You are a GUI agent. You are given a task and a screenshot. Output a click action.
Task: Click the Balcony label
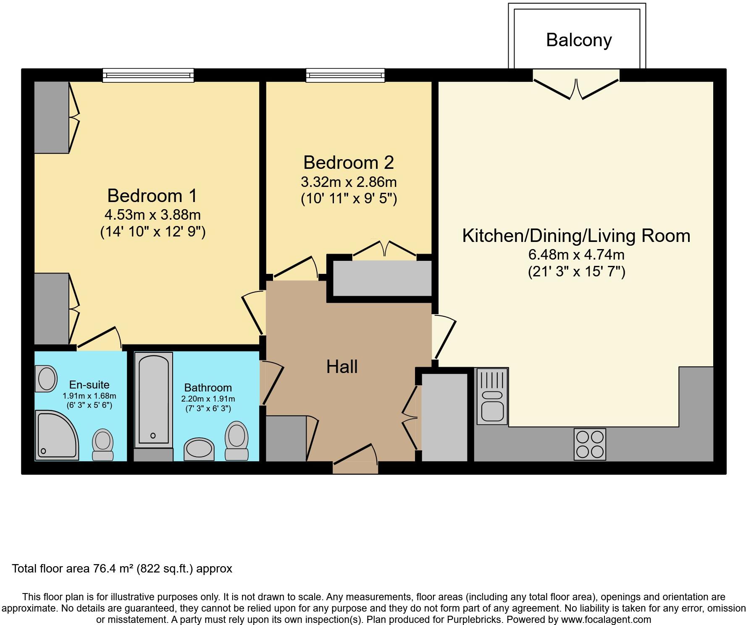point(579,40)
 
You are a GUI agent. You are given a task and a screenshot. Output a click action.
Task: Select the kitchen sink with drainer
point(492,396)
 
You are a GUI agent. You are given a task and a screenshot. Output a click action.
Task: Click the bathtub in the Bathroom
point(153,399)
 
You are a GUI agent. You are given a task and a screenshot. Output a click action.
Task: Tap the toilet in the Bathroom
point(236,441)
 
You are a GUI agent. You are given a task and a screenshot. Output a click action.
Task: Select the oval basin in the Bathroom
point(199,449)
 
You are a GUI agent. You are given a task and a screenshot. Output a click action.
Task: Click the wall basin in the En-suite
point(47,378)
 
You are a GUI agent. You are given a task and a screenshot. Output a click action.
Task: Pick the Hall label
point(342,367)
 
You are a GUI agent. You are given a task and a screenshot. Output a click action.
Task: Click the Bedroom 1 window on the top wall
point(148,75)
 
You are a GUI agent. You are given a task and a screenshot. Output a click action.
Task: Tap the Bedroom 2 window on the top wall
point(345,75)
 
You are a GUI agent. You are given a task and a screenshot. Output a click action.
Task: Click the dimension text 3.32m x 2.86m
point(349,182)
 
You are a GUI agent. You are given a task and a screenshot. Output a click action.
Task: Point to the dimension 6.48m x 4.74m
point(576,255)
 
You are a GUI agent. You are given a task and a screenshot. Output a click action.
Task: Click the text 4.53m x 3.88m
point(152,215)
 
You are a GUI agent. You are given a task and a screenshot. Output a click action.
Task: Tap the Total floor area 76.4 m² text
point(122,569)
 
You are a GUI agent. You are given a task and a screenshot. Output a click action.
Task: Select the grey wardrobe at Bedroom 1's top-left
point(51,117)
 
